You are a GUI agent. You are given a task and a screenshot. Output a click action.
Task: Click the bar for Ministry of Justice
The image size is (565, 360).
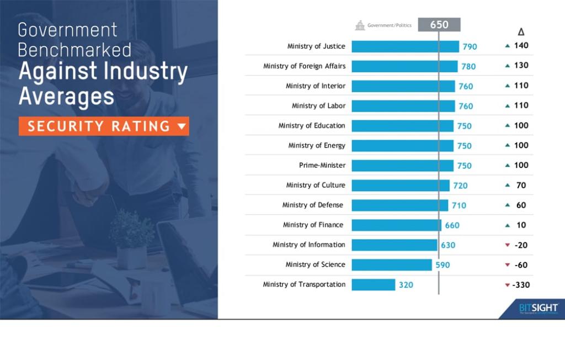click(405, 46)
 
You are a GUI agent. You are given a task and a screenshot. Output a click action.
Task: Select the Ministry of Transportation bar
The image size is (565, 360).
click(373, 285)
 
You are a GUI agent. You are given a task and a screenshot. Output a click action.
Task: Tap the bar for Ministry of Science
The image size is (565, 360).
click(391, 265)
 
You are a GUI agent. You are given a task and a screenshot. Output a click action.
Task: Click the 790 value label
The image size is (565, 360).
click(470, 47)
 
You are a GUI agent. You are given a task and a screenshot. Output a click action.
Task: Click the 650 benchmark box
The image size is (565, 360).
click(439, 25)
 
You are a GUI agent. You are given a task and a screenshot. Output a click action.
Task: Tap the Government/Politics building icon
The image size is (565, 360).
click(360, 25)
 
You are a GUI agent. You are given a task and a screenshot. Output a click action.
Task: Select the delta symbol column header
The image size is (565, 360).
click(521, 31)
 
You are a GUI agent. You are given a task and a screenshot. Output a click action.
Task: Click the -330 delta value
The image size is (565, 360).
click(521, 285)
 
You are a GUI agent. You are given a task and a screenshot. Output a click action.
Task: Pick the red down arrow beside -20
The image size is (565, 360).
click(507, 245)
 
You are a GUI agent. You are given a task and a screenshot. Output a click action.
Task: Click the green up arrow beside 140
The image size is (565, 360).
click(507, 46)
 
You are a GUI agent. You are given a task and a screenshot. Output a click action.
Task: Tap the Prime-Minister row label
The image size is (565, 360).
click(322, 165)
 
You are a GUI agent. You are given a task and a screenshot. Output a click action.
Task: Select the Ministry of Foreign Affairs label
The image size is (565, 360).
click(305, 66)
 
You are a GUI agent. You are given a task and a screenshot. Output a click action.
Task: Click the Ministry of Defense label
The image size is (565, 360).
click(312, 205)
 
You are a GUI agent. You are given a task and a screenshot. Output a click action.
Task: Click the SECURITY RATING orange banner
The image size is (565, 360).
click(104, 126)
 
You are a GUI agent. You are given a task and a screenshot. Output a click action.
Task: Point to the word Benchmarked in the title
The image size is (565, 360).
click(74, 50)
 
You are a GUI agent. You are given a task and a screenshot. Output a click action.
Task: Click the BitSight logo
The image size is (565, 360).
click(539, 308)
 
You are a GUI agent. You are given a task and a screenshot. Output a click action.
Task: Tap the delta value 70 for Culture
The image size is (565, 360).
click(521, 186)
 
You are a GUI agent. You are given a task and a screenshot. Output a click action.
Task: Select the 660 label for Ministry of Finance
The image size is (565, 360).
click(452, 225)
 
